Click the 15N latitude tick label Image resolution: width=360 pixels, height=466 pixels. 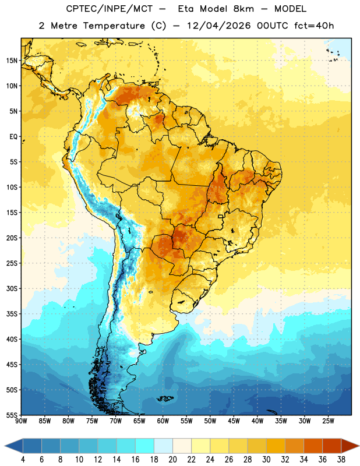tap(12, 61)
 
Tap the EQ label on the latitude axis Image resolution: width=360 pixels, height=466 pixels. tap(13, 137)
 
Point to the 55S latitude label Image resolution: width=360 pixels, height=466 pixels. tap(12, 415)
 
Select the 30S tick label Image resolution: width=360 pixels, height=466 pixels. tap(12, 288)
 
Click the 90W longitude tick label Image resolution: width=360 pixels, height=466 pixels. tap(22, 421)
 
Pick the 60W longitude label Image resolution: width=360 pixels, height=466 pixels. tap(163, 421)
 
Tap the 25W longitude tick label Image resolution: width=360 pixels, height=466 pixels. tap(328, 421)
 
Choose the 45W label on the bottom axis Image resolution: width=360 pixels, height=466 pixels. tap(234, 421)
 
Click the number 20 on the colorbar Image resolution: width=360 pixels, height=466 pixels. tap(172, 460)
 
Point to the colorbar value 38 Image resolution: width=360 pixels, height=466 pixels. tap(341, 460)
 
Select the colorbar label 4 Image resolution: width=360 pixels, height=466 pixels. tap(23, 460)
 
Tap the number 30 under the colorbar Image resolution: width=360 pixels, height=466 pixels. tap(266, 460)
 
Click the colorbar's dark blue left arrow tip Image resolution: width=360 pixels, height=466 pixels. tap(5, 446)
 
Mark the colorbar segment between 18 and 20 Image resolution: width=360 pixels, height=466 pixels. tap(163, 446)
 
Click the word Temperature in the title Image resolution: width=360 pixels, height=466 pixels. tap(114, 26)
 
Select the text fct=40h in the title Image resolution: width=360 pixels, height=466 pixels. tap(314, 26)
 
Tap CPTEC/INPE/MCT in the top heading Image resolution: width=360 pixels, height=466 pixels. tap(110, 9)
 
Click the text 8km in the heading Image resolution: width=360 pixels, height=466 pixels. tap(243, 9)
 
